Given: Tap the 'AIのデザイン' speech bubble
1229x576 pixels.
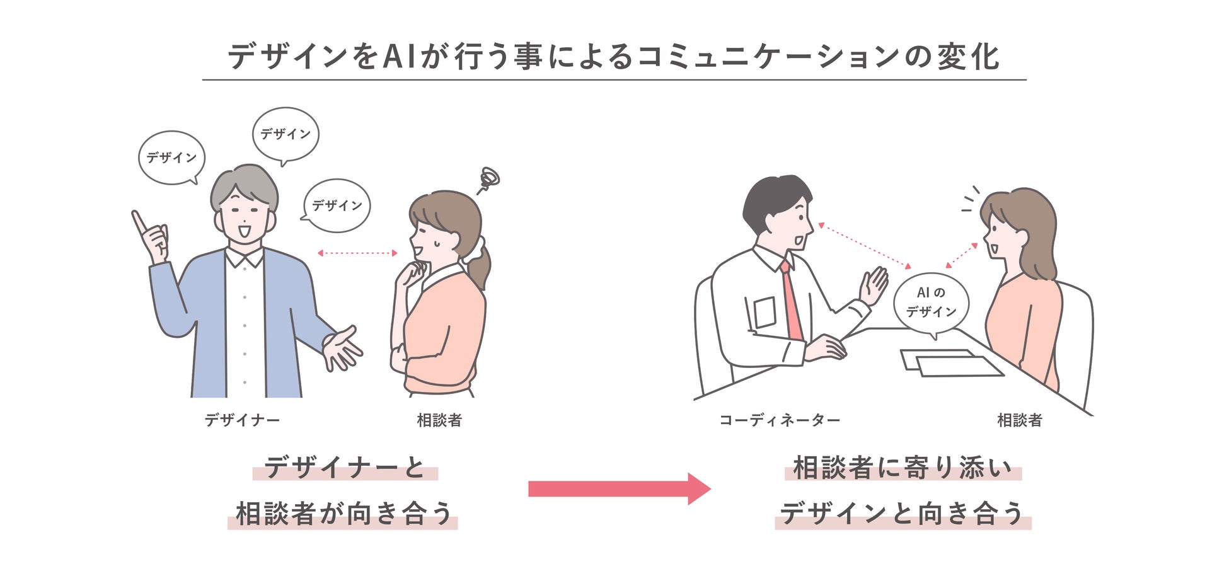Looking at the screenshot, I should pos(931,302).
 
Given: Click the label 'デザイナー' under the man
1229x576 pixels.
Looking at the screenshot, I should pos(242,420).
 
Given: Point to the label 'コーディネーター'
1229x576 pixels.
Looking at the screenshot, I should pos(780,420).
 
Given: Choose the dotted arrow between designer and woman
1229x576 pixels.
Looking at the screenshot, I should pos(357,253).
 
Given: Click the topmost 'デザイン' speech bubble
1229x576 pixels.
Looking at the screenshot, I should pos(286,134).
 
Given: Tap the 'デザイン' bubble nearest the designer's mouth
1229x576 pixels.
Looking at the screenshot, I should pos(337,205).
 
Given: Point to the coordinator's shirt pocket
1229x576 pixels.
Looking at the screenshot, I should pos(764,312).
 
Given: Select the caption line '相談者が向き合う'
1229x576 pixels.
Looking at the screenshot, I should pos(343,514).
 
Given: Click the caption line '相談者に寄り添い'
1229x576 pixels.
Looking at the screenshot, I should pos(903,468).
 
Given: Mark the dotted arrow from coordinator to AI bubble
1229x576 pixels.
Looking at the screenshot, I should pos(865,246).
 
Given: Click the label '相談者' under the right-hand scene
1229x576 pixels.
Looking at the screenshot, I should pos(1019,420).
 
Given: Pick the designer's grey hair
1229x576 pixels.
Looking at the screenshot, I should pos(243,183).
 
